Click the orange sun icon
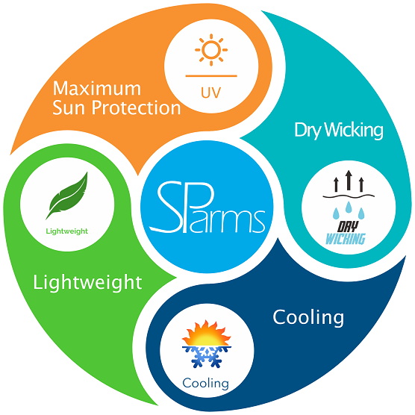(x=211, y=50)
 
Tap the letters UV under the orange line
(x=211, y=93)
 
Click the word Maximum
(x=97, y=88)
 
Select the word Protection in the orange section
(x=136, y=108)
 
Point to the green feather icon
(x=67, y=196)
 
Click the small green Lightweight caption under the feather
(x=67, y=231)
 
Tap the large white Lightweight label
(x=87, y=282)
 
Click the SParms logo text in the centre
(x=207, y=207)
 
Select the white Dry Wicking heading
(x=339, y=130)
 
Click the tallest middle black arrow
(x=349, y=180)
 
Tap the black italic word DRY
(x=348, y=227)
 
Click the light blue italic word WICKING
(x=346, y=239)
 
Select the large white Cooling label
(x=308, y=318)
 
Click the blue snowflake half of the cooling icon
(x=207, y=357)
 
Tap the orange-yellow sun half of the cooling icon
(x=207, y=333)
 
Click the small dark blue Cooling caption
(x=206, y=384)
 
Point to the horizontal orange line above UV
(x=211, y=76)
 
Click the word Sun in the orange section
(x=70, y=108)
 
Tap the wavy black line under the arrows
(x=349, y=196)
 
